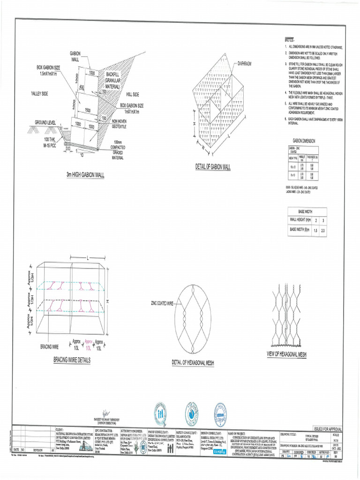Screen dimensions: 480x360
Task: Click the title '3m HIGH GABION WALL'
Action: (x=85, y=175)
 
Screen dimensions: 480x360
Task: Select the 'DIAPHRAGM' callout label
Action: (x=247, y=63)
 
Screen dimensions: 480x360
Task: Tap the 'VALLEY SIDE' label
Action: (x=40, y=94)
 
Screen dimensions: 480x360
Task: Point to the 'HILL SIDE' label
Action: (x=132, y=95)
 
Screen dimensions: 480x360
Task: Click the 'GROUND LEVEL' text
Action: (x=45, y=122)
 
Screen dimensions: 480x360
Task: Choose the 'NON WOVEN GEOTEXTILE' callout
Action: (x=122, y=123)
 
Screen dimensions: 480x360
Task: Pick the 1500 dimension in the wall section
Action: (x=87, y=111)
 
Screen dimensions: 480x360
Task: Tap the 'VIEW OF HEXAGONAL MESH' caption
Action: (x=286, y=353)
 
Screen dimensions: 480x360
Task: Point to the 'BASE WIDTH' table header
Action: (x=305, y=211)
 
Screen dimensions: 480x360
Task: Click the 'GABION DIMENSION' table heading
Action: (x=304, y=141)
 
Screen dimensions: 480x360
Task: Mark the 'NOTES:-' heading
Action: (x=292, y=40)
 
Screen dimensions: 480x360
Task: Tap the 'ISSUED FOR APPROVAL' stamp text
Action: (x=328, y=429)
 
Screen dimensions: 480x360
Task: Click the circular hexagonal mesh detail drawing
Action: (x=192, y=314)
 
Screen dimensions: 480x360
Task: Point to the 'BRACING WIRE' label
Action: (x=49, y=347)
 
